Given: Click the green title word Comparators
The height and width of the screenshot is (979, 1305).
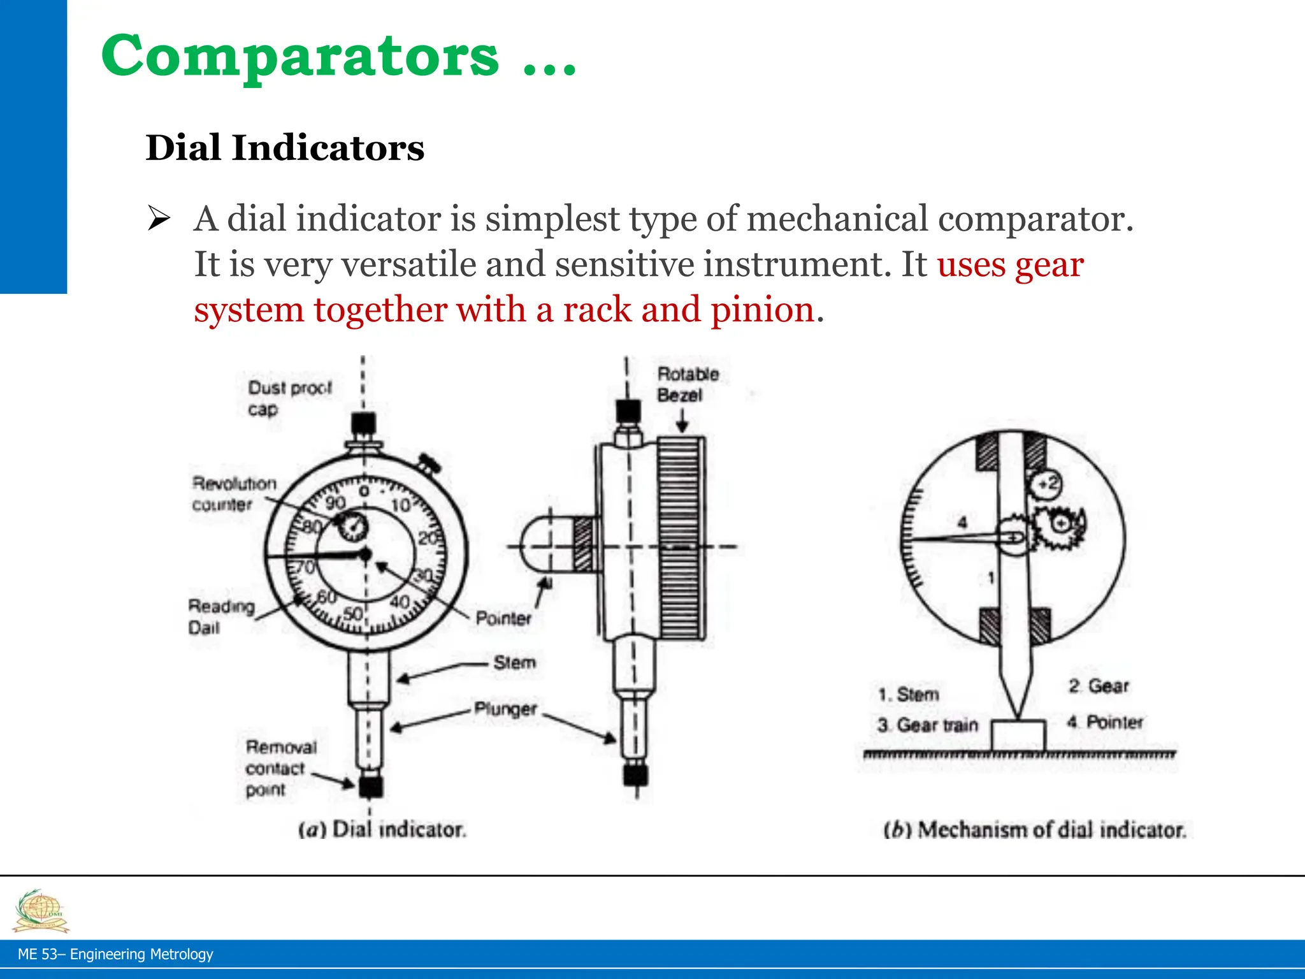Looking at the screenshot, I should tap(299, 56).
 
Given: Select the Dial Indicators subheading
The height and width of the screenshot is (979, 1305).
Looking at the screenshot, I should tap(285, 148).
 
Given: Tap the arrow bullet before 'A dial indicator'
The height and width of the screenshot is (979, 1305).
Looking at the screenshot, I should tap(158, 218).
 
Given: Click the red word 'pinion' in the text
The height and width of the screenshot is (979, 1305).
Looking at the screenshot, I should tap(762, 310).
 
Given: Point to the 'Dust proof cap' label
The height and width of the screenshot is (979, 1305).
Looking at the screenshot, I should tap(290, 398).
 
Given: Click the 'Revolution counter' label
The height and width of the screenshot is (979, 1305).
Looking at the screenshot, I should tap(234, 494).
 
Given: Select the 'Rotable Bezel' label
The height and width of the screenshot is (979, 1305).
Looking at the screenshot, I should tap(688, 384).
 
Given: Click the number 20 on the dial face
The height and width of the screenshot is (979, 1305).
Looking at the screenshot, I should tap(429, 539).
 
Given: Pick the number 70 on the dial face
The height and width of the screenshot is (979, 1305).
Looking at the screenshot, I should tap(304, 567).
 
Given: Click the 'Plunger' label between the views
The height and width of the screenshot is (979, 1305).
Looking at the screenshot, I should tap(505, 709).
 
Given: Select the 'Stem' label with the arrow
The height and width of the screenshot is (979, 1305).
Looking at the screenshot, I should tap(514, 663).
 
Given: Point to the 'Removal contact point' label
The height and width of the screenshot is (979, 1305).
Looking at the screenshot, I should tap(280, 768).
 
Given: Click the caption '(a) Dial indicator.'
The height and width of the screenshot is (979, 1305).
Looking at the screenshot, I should tap(382, 829).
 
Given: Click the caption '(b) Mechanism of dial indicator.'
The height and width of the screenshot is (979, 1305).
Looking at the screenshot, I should tap(1035, 830).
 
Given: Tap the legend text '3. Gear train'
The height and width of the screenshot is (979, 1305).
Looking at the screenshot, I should tap(927, 725).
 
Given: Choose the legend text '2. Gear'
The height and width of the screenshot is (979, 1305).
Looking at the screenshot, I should tap(1099, 686).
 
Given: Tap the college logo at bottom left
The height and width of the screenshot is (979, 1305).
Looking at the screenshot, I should tap(41, 911).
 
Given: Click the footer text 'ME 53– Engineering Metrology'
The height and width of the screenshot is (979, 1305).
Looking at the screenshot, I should tap(115, 954).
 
